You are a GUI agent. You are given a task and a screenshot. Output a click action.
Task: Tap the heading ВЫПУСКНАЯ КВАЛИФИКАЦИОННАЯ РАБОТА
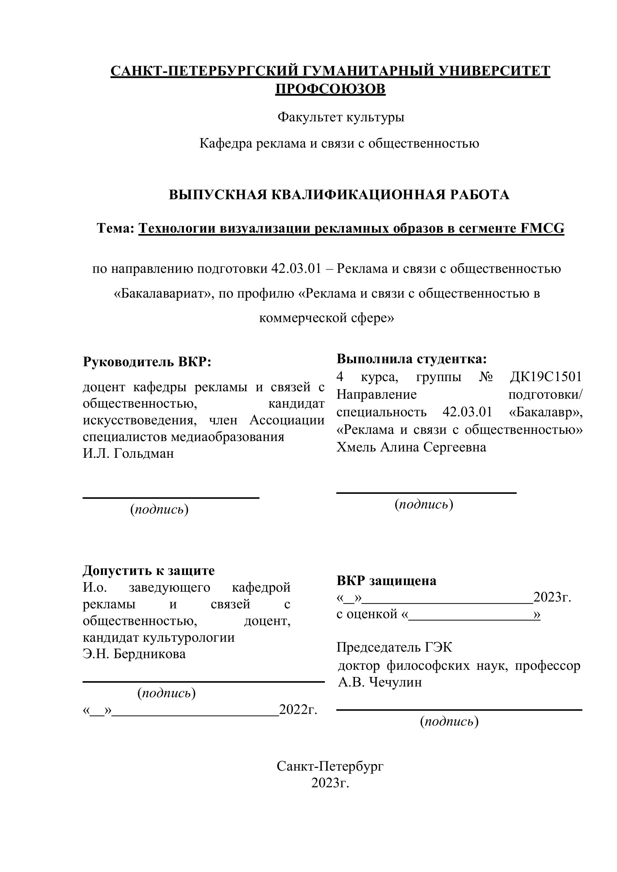pyautogui.click(x=339, y=194)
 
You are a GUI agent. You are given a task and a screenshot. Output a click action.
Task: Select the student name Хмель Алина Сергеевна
pyautogui.click(x=411, y=447)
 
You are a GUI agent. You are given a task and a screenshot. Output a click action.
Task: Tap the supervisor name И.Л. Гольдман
pyautogui.click(x=128, y=454)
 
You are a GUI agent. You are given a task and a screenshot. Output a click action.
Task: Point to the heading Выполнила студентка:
pyautogui.click(x=411, y=358)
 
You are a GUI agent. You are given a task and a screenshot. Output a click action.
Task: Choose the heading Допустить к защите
pyautogui.click(x=149, y=570)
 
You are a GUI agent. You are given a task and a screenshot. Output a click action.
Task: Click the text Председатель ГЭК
pyautogui.click(x=394, y=647)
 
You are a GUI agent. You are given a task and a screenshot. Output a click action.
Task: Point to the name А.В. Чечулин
pyautogui.click(x=380, y=682)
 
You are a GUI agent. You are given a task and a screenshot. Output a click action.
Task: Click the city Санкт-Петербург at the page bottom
pyautogui.click(x=330, y=766)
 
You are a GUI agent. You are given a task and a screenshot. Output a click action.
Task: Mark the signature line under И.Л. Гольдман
pyautogui.click(x=171, y=497)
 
